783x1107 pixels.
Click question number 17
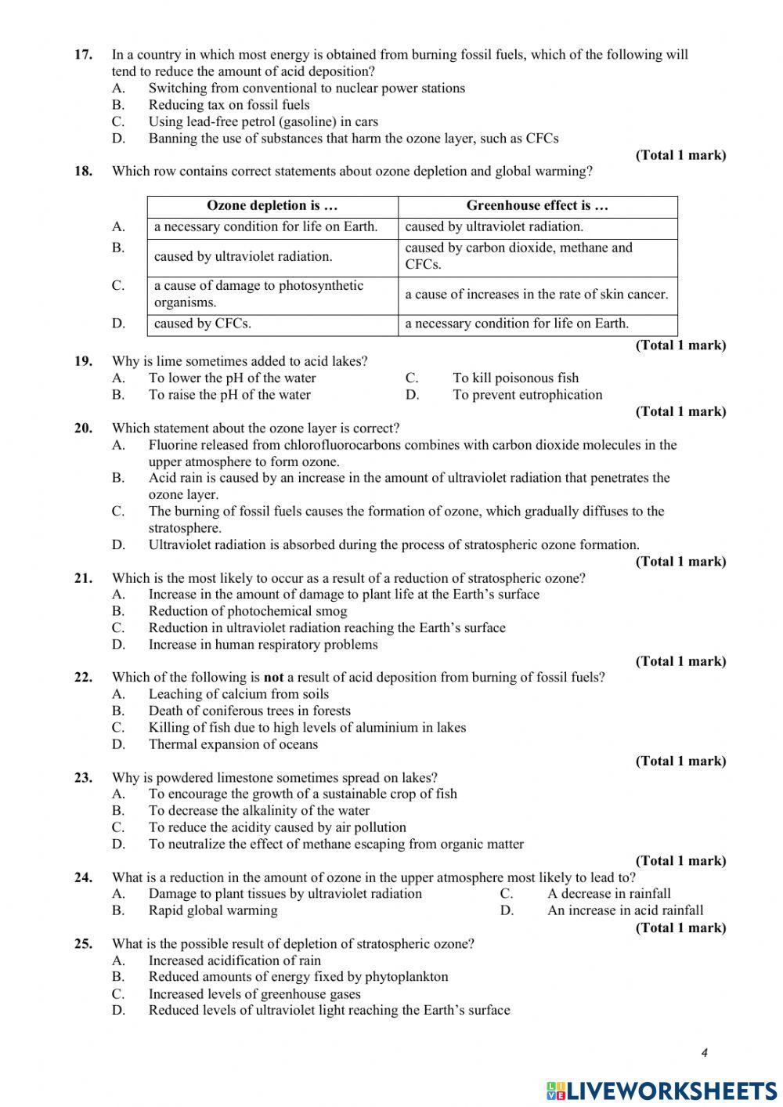pos(83,55)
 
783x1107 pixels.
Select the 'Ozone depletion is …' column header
pos(272,206)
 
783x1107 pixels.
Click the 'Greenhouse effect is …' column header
pos(537,206)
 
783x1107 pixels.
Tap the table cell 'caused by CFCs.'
pos(203,324)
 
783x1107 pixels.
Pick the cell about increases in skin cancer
pos(536,295)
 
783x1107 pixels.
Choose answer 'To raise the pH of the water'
pos(229,395)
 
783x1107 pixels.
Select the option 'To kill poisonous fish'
pos(515,378)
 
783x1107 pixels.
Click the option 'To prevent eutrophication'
pos(527,395)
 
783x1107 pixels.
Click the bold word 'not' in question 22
pos(273,678)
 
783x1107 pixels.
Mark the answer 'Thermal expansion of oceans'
pos(233,744)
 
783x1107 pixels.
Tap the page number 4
pos(704,1053)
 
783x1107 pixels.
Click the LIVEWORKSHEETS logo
pos(662,1091)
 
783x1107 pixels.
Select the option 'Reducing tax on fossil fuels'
pos(229,105)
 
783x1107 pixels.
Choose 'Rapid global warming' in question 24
pos(213,910)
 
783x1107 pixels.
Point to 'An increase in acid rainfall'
pos(625,910)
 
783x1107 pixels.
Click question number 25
pos(83,944)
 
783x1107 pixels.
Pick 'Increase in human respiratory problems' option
pos(263,645)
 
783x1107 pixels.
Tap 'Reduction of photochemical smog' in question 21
pos(247,611)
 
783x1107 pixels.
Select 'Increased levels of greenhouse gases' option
pos(254,994)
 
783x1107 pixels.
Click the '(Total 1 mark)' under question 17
pos(680,155)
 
